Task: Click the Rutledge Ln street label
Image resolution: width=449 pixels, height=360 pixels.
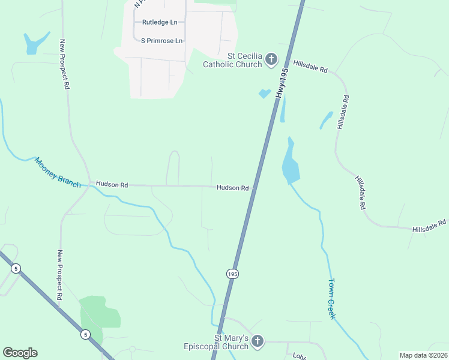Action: (x=160, y=22)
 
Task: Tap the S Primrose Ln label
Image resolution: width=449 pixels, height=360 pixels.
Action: (x=161, y=41)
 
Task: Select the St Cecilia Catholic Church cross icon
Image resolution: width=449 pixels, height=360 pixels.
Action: (x=271, y=59)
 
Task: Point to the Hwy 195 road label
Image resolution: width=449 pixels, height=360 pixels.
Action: (x=283, y=83)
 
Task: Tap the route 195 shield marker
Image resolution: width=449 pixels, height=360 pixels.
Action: (x=233, y=274)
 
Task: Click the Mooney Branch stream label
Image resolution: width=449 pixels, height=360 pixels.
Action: (x=57, y=172)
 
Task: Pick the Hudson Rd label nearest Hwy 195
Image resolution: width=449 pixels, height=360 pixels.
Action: (x=232, y=188)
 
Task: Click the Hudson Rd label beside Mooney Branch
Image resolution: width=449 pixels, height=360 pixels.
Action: (x=112, y=185)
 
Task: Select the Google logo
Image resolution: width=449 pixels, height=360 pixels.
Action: (x=20, y=353)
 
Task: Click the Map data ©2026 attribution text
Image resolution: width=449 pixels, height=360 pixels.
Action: (x=423, y=355)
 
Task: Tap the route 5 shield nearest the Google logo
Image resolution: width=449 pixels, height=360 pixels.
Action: (x=86, y=334)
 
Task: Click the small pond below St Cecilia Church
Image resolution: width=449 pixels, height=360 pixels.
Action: (x=264, y=94)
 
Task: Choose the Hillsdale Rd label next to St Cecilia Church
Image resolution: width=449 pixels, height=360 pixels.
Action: (x=310, y=66)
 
